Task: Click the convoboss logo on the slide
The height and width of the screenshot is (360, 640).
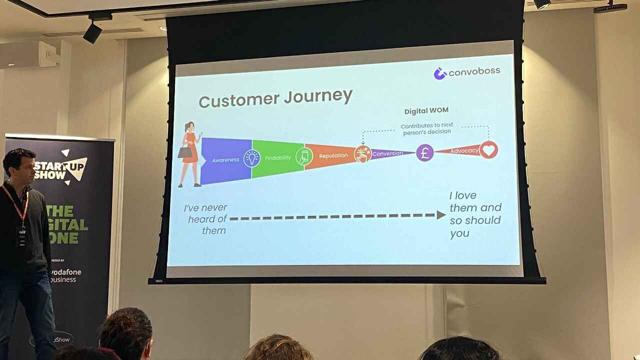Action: pyautogui.click(x=466, y=72)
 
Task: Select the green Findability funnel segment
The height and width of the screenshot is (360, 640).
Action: pyautogui.click(x=278, y=157)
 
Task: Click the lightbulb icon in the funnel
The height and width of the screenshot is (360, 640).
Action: pyautogui.click(x=252, y=158)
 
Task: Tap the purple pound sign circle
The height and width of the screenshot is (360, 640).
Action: pyautogui.click(x=424, y=152)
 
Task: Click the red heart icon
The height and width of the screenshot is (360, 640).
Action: pyautogui.click(x=488, y=149)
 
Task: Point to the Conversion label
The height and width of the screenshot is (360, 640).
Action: pyautogui.click(x=387, y=153)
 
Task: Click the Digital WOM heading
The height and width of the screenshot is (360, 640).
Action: pyautogui.click(x=426, y=111)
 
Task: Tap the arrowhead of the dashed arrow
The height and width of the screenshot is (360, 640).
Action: pyautogui.click(x=440, y=215)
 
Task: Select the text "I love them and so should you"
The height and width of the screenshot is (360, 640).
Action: pyautogui.click(x=474, y=214)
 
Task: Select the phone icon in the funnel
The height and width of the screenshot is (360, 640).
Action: pyautogui.click(x=304, y=156)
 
